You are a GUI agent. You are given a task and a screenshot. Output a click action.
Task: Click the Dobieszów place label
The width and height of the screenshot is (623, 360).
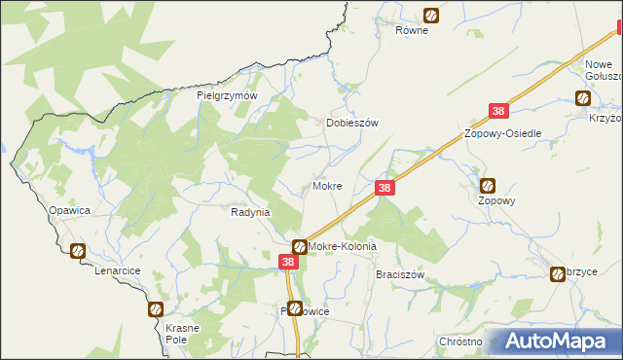click(350, 124)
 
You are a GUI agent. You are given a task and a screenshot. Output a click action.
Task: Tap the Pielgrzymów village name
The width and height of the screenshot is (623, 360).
click(226, 96)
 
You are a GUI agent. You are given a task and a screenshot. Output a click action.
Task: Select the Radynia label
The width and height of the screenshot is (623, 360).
click(250, 211)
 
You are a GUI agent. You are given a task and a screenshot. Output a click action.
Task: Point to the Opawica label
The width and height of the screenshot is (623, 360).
click(69, 210)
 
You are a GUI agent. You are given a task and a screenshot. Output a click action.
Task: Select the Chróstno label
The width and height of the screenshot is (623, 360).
click(460, 342)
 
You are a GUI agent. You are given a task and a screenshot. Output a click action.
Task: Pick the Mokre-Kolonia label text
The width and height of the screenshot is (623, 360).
click(342, 247)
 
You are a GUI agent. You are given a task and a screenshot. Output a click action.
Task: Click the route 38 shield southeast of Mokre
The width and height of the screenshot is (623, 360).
click(385, 188)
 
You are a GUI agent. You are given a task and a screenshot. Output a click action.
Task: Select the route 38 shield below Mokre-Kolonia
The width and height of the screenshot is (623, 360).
click(288, 262)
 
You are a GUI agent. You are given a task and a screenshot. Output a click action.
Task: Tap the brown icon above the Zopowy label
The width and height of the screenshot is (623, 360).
click(489, 185)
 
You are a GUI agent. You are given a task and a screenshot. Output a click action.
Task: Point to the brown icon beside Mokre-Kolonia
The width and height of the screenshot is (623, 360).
click(300, 247)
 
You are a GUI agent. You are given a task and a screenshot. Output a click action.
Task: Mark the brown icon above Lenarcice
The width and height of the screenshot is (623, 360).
click(78, 251)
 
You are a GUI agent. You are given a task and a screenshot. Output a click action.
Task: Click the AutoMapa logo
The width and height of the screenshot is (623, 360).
click(555, 341)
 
